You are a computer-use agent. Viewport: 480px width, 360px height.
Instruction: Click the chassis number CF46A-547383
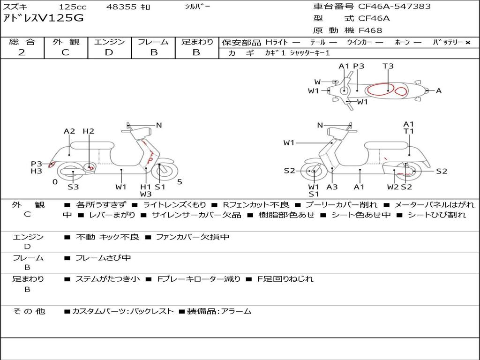[394, 7]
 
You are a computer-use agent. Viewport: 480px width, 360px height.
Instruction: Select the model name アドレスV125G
[43, 18]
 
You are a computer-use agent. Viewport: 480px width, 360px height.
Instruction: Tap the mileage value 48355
[121, 7]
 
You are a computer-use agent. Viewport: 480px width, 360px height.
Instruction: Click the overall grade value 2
[22, 52]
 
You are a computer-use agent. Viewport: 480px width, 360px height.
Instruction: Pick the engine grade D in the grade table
[109, 52]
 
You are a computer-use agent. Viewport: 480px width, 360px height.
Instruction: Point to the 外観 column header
[66, 42]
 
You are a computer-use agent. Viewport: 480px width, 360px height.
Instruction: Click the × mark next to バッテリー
[468, 43]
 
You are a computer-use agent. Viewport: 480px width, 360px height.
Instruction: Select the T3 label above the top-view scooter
[388, 66]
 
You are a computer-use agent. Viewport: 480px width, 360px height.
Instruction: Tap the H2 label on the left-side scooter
[89, 131]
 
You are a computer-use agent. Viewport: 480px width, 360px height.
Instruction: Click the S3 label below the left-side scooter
[73, 187]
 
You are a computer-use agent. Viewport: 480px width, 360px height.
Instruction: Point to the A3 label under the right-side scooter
[332, 187]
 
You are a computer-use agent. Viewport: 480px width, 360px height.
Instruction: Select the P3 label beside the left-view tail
[37, 164]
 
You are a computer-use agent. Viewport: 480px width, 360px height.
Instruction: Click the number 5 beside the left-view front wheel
[180, 182]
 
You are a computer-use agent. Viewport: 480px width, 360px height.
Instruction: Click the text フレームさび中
[103, 258]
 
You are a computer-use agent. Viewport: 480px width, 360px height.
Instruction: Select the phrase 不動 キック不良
[107, 237]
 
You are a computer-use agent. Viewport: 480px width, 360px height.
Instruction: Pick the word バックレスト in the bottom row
[152, 311]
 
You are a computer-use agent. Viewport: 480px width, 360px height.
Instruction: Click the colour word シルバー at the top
[197, 7]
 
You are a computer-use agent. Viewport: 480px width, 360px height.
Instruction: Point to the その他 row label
[29, 311]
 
